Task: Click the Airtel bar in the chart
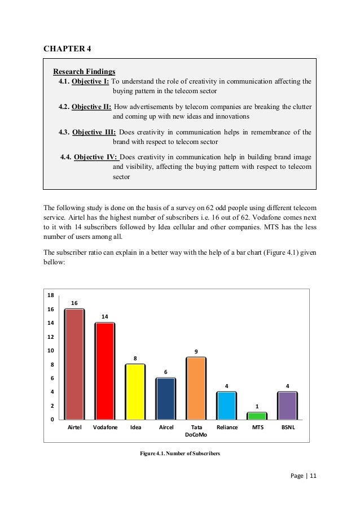coord(74,364)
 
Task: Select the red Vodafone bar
coord(104,371)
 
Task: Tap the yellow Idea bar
coord(135,391)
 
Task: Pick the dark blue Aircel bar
coord(165,398)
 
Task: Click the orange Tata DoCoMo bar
coord(196,388)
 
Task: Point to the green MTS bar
coord(257,416)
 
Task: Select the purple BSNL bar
coord(288,406)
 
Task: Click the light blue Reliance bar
coord(227,406)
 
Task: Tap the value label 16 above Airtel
coord(74,303)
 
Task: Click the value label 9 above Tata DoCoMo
coord(196,352)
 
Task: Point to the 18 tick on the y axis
coord(50,295)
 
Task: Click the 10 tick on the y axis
coord(50,351)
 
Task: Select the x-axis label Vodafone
coord(105,428)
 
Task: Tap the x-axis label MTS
coord(257,428)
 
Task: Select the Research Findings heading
coord(84,71)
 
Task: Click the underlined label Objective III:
coord(94,133)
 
